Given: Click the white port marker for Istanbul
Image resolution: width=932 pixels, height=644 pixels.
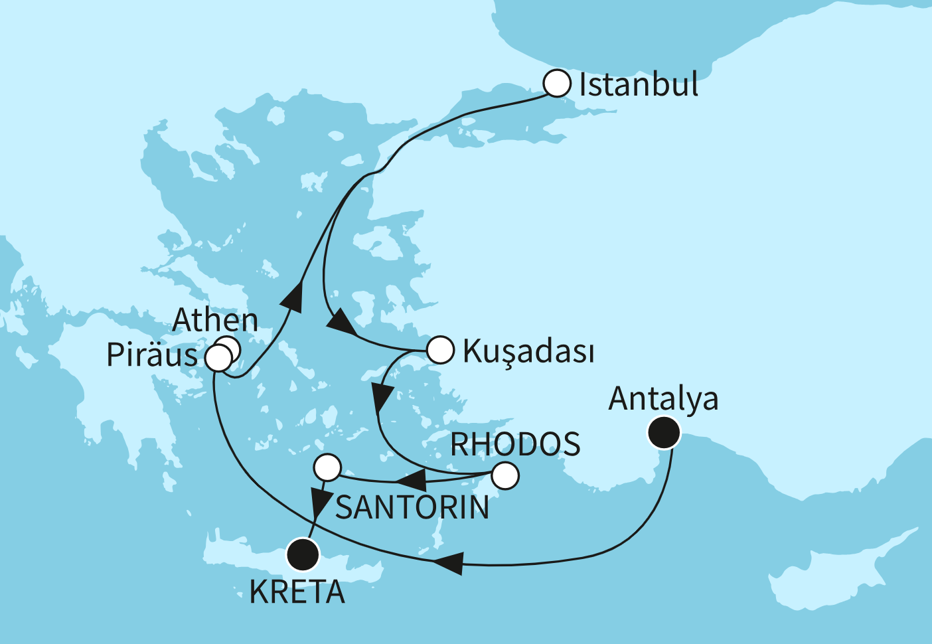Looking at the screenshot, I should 557,84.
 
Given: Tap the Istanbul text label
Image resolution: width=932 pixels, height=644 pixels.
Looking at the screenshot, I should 639,85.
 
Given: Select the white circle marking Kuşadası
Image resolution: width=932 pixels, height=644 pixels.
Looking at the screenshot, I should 439,350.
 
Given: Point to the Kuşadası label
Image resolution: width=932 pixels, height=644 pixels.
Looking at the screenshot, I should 528,351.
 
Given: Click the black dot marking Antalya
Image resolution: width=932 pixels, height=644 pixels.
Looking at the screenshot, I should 664,434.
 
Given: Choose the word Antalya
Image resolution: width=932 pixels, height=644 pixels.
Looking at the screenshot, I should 663,398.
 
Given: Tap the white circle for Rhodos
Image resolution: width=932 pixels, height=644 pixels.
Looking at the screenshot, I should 505,475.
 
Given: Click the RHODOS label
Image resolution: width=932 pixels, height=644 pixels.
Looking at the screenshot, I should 515,444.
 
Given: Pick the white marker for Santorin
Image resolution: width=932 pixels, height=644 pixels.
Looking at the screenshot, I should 327,467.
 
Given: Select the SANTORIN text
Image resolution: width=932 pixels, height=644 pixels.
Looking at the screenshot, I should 412,508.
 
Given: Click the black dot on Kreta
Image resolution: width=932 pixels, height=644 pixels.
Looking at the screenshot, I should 303,554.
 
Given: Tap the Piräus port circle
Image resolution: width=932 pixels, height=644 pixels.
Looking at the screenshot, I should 218,359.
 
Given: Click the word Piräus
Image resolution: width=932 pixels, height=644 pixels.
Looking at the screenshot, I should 152,356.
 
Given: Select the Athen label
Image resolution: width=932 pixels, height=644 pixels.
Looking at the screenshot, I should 215,321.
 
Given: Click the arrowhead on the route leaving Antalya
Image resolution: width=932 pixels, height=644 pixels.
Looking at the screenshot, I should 447,563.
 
